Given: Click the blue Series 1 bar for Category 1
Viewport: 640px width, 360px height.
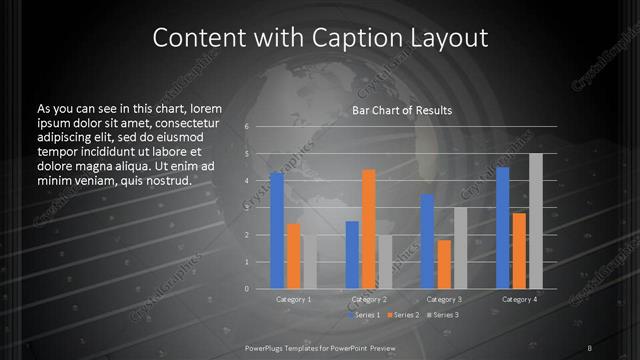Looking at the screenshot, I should (x=277, y=231).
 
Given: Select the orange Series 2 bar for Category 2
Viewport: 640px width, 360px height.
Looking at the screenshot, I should (x=369, y=229).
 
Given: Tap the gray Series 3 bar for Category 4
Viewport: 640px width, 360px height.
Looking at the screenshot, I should (x=535, y=221).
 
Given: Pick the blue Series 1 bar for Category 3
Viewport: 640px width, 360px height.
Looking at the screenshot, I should (x=428, y=241).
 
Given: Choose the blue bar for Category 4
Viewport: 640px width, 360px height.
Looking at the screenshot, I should (x=503, y=227).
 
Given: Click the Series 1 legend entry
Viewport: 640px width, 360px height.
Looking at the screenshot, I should (x=363, y=315).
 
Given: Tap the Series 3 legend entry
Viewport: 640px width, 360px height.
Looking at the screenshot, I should (x=442, y=315).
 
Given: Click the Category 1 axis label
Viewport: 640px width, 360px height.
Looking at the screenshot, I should (x=294, y=299).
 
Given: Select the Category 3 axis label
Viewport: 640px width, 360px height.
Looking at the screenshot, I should (x=443, y=299).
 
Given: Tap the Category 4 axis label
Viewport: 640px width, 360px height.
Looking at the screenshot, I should (x=519, y=299).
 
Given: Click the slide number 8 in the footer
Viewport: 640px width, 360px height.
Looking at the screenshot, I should (x=591, y=347).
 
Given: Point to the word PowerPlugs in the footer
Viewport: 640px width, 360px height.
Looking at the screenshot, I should (x=268, y=347).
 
